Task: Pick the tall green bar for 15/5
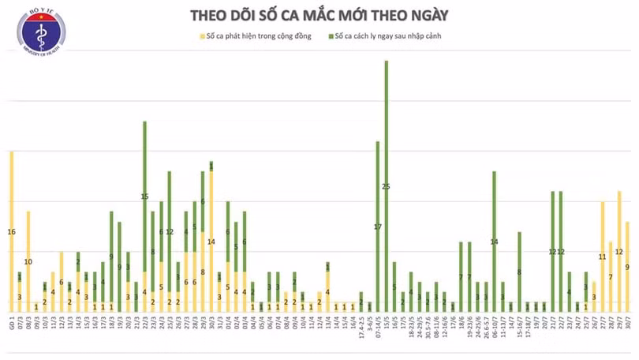tap(386, 158)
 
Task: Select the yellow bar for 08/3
tap(28, 261)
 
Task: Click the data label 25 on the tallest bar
tap(386, 187)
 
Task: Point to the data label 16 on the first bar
tap(11, 231)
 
